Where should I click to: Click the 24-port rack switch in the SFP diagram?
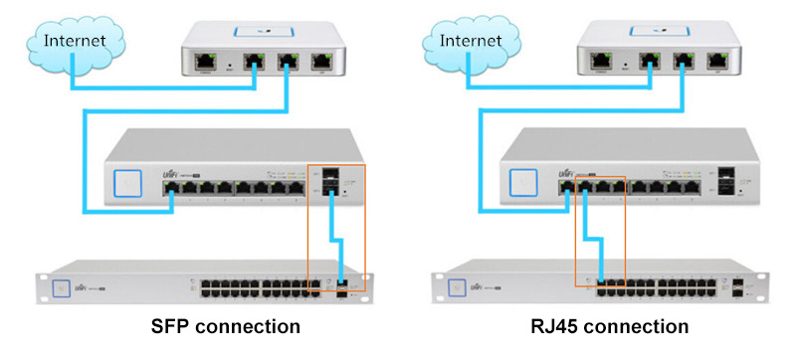199,286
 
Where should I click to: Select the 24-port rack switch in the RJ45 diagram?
597,286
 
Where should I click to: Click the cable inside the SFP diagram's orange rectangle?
337,239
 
